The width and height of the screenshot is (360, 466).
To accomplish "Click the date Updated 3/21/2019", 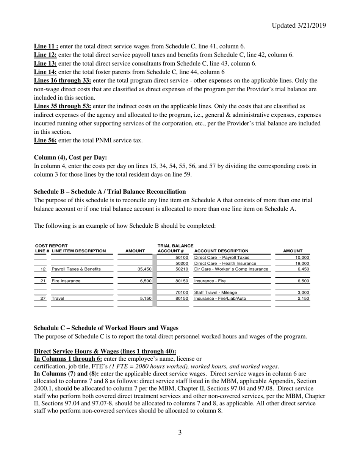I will point(299,25).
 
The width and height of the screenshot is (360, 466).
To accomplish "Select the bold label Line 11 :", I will point(46,46).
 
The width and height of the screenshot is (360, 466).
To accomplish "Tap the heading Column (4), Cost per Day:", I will point(70,157).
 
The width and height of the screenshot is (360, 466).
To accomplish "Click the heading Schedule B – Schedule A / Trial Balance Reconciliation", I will point(110,191).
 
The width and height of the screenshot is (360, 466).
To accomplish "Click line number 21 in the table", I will point(43,281).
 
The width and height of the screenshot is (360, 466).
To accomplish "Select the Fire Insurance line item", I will point(66,281).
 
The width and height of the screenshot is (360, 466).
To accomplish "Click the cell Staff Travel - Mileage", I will point(216,292).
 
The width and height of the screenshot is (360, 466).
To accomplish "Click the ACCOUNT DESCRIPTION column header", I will point(221,251).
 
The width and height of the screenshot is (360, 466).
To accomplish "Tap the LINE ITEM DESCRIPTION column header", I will point(79,251).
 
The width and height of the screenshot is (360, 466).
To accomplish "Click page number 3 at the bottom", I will point(180,432).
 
